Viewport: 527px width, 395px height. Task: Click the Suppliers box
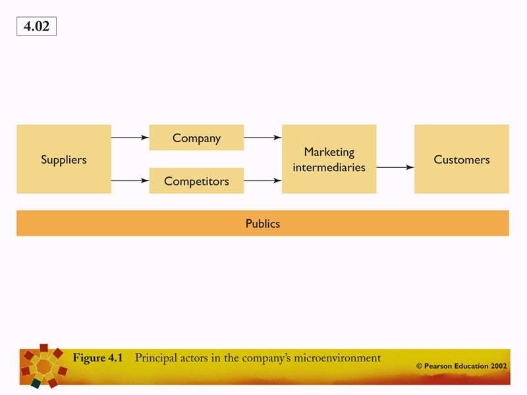64,159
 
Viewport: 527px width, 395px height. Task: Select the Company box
196,138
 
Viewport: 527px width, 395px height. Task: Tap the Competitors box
196,180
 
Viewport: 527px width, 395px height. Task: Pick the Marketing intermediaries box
329,159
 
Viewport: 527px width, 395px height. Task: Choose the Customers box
461,159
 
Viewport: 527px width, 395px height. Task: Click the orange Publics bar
263,223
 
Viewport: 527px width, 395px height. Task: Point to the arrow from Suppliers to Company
130,138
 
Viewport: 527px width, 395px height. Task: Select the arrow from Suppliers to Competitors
130,180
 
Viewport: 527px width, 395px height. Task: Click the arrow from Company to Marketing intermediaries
262,138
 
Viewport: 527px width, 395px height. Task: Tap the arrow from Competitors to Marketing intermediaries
262,180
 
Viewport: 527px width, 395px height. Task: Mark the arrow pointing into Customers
395,167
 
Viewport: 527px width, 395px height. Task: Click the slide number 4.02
36,26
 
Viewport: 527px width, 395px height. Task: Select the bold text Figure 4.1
97,358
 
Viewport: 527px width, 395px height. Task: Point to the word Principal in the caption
157,358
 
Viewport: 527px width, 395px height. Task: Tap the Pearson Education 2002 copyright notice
461,365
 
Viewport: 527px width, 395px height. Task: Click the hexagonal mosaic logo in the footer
44,365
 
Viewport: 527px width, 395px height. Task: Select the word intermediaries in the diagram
329,167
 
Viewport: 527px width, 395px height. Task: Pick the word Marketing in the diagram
329,152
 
